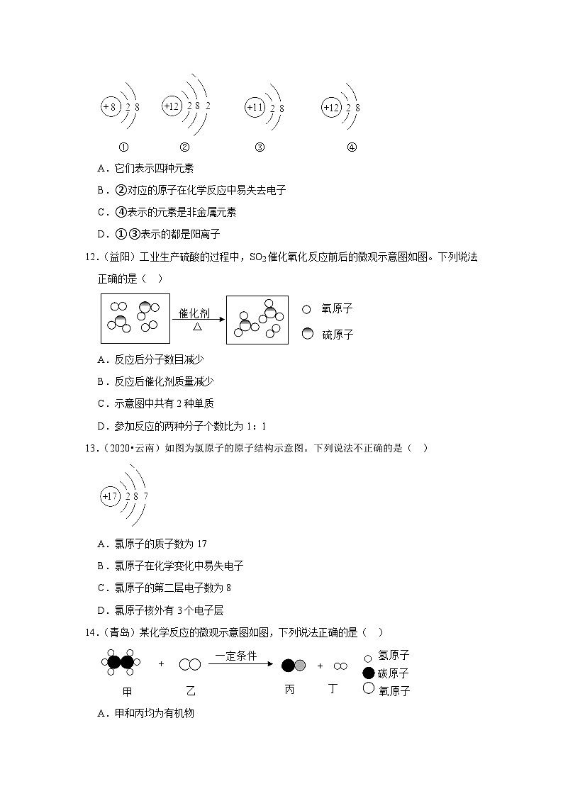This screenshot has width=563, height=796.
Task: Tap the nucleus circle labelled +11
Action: pyautogui.click(x=254, y=107)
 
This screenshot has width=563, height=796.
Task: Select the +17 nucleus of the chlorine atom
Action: pyautogui.click(x=110, y=496)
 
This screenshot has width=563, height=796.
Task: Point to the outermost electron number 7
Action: pyautogui.click(x=145, y=496)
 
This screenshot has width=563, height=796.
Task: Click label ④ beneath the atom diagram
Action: pyautogui.click(x=352, y=147)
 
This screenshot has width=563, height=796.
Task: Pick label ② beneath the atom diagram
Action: pyautogui.click(x=184, y=147)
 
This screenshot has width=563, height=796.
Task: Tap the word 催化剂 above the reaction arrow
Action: pyautogui.click(x=194, y=313)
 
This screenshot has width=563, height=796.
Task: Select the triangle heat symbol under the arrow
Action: pyautogui.click(x=197, y=327)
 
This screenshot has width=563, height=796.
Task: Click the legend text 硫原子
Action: pyautogui.click(x=338, y=334)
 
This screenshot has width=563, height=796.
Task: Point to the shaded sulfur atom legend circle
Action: pyautogui.click(x=307, y=334)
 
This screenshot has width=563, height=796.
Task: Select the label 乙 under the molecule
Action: pyautogui.click(x=190, y=690)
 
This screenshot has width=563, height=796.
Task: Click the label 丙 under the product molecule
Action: pyautogui.click(x=289, y=690)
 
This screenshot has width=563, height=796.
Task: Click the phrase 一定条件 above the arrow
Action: pyautogui.click(x=235, y=656)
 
